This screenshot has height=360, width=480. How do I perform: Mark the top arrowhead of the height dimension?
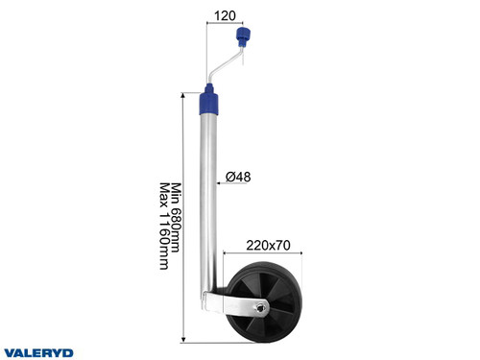coord(183,96)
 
